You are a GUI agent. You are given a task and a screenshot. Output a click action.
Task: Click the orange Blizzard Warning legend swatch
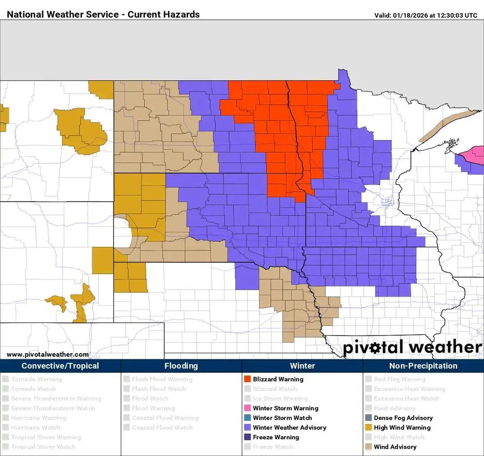(x=247, y=379)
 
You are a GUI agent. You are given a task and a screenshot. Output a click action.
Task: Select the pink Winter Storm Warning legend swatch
(x=247, y=409)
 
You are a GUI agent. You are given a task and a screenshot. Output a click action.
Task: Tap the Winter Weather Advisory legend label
(x=289, y=428)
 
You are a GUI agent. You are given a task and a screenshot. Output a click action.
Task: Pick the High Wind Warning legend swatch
(x=368, y=428)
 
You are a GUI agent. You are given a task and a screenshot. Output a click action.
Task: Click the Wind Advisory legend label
(x=395, y=447)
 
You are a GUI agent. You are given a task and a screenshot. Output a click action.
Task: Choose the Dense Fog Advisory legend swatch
(x=368, y=418)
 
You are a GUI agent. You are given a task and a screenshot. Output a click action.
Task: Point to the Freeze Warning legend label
(x=276, y=437)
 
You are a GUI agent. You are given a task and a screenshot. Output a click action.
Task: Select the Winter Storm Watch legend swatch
(x=247, y=418)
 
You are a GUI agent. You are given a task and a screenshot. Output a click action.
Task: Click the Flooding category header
(x=181, y=366)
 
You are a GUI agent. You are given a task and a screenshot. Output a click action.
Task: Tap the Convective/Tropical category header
(x=60, y=366)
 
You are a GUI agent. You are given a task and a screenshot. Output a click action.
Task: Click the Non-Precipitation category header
(x=423, y=366)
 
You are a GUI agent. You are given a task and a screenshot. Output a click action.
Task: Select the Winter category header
(x=302, y=366)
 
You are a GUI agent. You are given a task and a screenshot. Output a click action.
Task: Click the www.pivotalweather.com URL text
(x=47, y=355)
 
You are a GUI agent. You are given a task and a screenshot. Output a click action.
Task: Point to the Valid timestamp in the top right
(x=426, y=15)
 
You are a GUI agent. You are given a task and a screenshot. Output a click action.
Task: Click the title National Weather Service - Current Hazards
(x=103, y=14)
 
